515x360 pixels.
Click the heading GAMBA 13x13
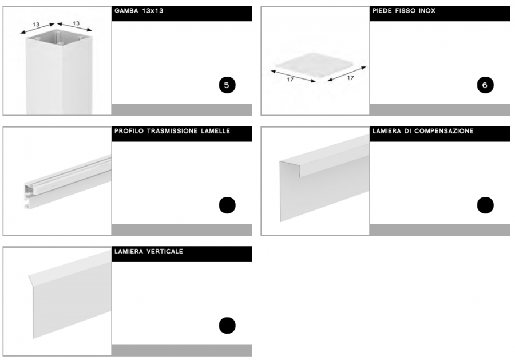tap(139, 11)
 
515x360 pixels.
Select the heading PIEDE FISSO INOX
tap(403, 11)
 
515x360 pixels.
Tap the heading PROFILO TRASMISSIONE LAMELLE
tap(172, 131)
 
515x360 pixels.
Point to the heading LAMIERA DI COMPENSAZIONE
tap(423, 131)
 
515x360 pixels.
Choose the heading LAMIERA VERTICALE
tap(149, 251)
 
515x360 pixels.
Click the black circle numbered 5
tap(227, 85)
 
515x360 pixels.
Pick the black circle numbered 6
tap(485, 85)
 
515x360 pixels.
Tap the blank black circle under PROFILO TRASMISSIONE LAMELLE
tap(227, 205)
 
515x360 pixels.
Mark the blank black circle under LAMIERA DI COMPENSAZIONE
tap(485, 205)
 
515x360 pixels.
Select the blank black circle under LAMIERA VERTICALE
tap(227, 326)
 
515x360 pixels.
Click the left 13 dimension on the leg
tap(36, 25)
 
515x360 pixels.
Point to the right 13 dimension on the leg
tap(76, 23)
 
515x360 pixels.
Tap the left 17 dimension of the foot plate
tap(290, 79)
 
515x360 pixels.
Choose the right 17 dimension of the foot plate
tap(350, 77)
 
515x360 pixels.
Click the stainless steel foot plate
tap(316, 65)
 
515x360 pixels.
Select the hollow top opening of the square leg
tap(59, 38)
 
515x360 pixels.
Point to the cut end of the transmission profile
tap(28, 196)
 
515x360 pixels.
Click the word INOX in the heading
tap(427, 11)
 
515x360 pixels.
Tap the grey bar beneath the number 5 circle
tap(181, 110)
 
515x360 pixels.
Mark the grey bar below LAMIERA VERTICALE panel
tap(181, 350)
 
